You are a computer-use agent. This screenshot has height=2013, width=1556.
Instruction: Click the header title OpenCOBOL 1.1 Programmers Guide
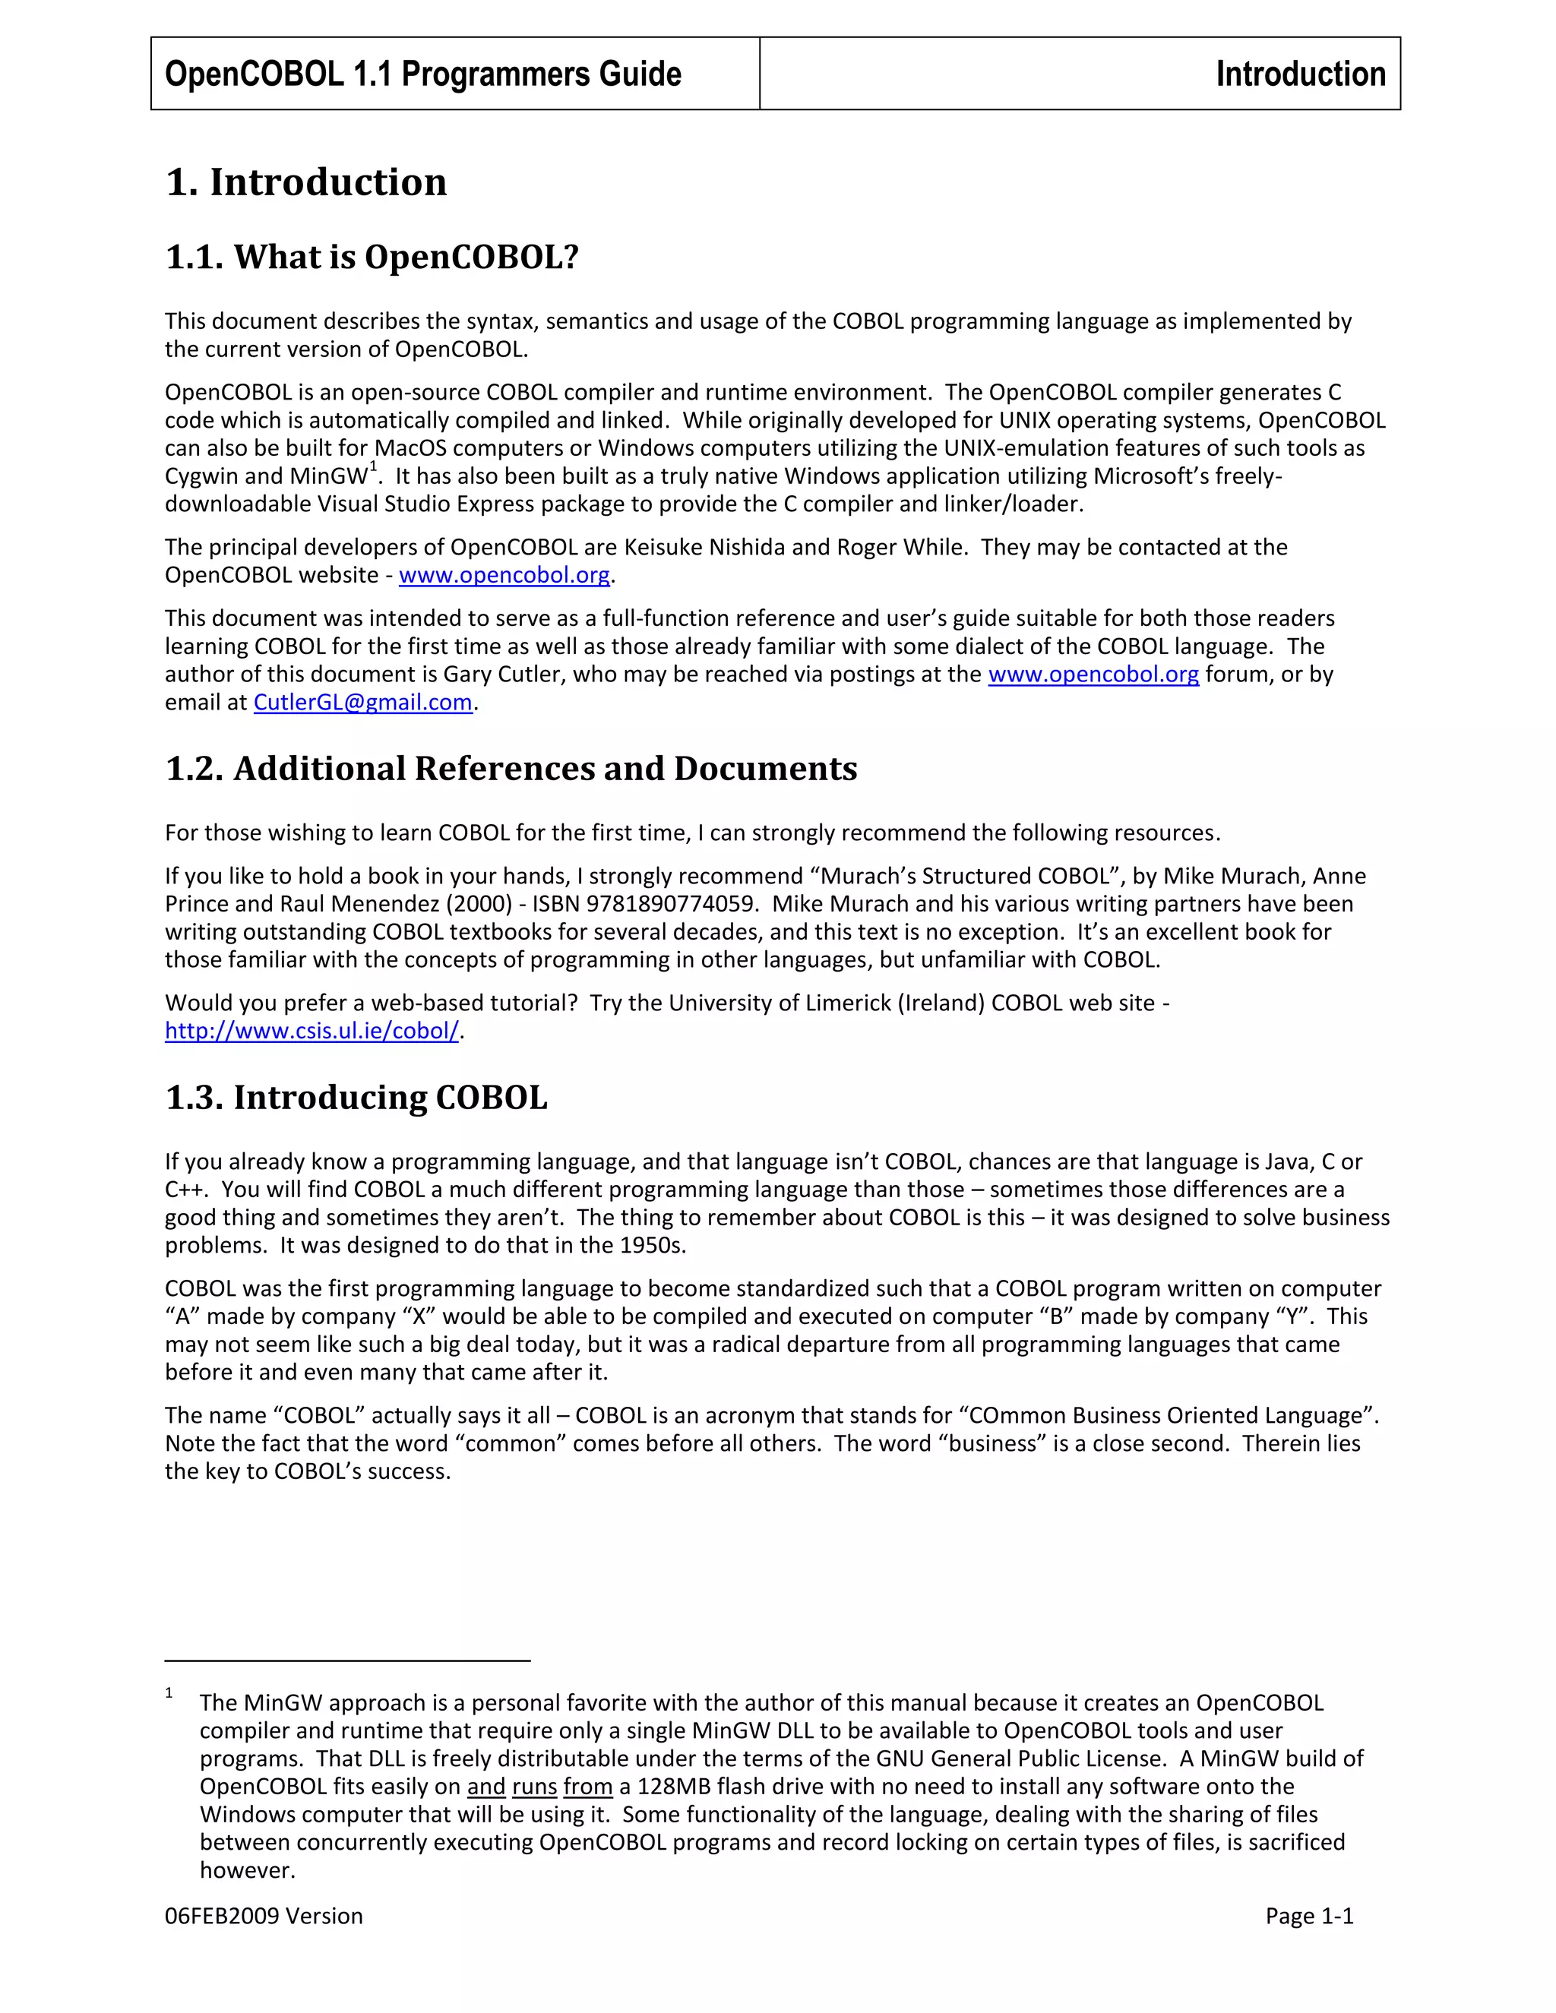423,74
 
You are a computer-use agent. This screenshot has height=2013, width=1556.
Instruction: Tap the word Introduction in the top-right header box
1300,74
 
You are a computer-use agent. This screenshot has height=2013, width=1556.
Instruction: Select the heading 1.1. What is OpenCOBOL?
372,258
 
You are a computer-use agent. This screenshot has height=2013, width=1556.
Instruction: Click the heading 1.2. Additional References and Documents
511,769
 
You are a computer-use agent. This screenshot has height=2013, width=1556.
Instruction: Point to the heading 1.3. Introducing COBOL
356,1098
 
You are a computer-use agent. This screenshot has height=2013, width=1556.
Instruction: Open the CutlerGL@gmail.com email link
362,703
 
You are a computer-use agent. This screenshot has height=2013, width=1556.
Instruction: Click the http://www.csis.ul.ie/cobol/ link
312,1031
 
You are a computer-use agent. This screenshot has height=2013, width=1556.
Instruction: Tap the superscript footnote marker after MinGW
373,468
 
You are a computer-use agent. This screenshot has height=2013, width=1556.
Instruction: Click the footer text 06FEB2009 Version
264,1917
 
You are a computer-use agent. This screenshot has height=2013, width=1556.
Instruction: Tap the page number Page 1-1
1309,1917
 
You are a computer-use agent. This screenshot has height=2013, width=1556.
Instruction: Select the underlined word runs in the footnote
535,1787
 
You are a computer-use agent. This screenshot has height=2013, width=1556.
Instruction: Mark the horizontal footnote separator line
347,1661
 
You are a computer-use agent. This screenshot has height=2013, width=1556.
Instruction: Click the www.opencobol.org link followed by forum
1093,675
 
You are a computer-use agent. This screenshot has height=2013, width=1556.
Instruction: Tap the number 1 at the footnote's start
169,1693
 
